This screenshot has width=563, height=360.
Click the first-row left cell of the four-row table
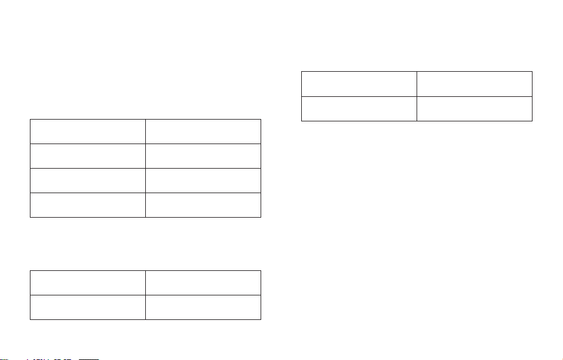pyautogui.click(x=87, y=131)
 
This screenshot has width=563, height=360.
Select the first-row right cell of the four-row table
pyautogui.click(x=203, y=131)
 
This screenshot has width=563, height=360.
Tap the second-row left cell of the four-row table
pyautogui.click(x=87, y=155)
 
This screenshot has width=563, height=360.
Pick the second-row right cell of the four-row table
pyautogui.click(x=203, y=155)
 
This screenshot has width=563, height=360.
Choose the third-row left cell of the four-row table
pyautogui.click(x=87, y=180)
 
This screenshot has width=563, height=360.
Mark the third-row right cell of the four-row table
pyautogui.click(x=203, y=180)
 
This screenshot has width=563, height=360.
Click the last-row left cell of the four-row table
pyautogui.click(x=87, y=205)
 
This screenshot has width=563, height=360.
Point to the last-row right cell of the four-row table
pyautogui.click(x=203, y=205)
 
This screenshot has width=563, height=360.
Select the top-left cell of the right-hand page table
pyautogui.click(x=359, y=84)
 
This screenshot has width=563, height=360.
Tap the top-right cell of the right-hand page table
pyautogui.click(x=474, y=84)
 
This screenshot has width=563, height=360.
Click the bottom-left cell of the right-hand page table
pyautogui.click(x=359, y=108)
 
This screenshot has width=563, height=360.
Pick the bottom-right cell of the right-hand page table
pyautogui.click(x=474, y=108)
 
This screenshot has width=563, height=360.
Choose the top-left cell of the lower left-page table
pyautogui.click(x=87, y=282)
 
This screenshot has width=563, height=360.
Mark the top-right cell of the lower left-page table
pyautogui.click(x=203, y=282)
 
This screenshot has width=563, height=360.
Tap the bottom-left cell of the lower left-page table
pyautogui.click(x=87, y=307)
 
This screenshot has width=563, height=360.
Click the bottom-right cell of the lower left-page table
pyautogui.click(x=203, y=307)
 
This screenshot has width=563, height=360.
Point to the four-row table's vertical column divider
pyautogui.click(x=145, y=167)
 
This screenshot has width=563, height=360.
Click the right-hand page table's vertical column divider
pyautogui.click(x=417, y=96)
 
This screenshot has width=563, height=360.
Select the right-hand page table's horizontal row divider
pyautogui.click(x=359, y=96)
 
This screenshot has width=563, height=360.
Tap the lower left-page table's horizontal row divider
pyautogui.click(x=87, y=295)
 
